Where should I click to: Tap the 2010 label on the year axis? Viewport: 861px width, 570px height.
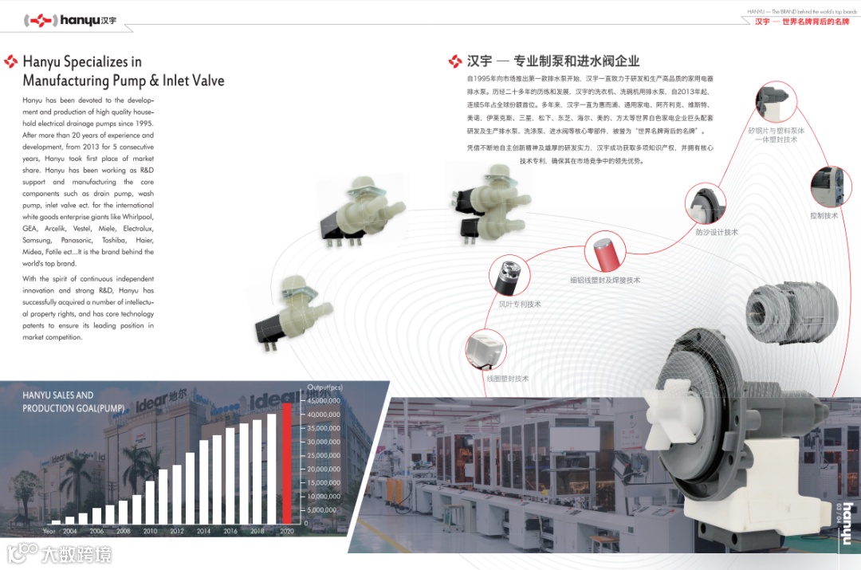(149, 530)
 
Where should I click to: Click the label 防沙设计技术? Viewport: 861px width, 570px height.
(717, 232)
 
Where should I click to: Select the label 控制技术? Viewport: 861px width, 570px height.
(824, 215)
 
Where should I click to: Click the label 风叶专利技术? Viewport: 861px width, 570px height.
(520, 304)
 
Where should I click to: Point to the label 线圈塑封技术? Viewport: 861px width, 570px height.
(508, 378)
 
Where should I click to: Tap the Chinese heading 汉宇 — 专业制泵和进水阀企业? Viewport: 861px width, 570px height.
(553, 61)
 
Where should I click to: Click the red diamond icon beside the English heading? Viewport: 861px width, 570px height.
(11, 61)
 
